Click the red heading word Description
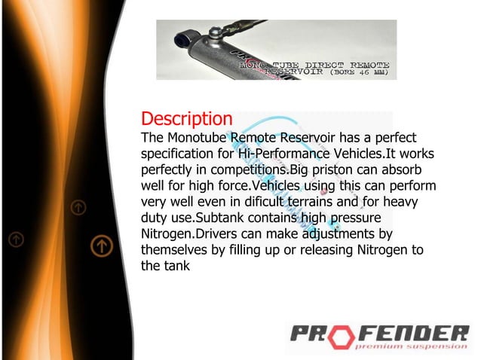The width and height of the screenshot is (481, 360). pyautogui.click(x=186, y=119)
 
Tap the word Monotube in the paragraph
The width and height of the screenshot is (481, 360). pyautogui.click(x=199, y=138)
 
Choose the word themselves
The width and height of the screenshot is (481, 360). pyautogui.click(x=181, y=249)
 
